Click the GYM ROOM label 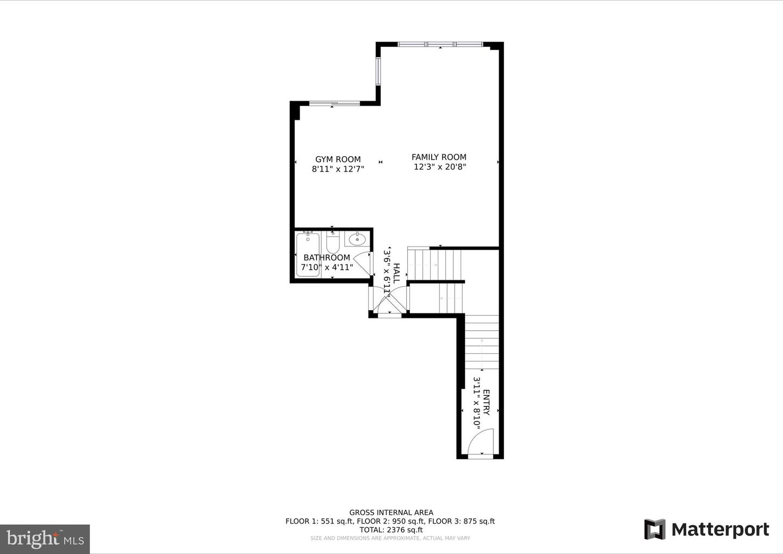pos(338,159)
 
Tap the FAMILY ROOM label pos(439,157)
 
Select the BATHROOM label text pos(327,257)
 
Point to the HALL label pos(397,273)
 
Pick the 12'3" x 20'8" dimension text pos(440,167)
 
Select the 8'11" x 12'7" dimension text pos(338,169)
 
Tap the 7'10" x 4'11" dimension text pos(327,267)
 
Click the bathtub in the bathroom pos(308,254)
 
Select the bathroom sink pos(357,239)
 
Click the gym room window pos(334,103)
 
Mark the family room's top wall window pos(440,44)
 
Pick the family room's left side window pos(378,71)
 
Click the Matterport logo pos(706,530)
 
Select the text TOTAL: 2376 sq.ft pos(390,530)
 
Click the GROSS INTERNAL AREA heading pos(391,512)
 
